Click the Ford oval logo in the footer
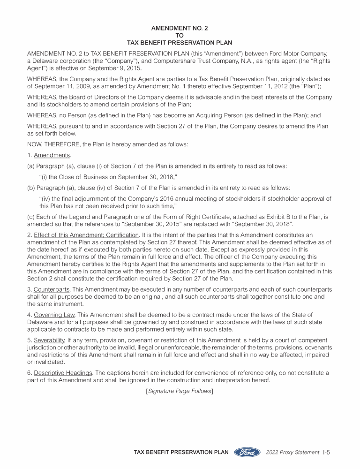click(x=247, y=452)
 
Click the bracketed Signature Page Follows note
click(x=180, y=391)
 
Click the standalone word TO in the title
click(x=180, y=35)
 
